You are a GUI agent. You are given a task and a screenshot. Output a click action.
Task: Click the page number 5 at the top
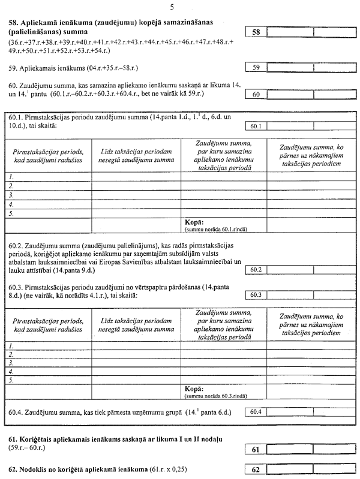173,7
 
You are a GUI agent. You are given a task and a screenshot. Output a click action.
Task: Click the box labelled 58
256,32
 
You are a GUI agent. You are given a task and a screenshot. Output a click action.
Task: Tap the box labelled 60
256,95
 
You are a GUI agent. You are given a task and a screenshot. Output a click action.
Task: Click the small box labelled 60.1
256,126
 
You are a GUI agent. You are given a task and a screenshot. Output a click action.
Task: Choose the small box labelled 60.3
256,295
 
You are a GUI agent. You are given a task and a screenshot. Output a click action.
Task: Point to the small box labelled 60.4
256,412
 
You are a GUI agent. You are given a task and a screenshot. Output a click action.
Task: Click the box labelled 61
256,450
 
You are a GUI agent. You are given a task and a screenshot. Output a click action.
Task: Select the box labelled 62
256,469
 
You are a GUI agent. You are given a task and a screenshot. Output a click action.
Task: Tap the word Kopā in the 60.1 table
194,222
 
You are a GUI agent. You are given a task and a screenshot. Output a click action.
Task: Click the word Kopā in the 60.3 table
194,390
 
